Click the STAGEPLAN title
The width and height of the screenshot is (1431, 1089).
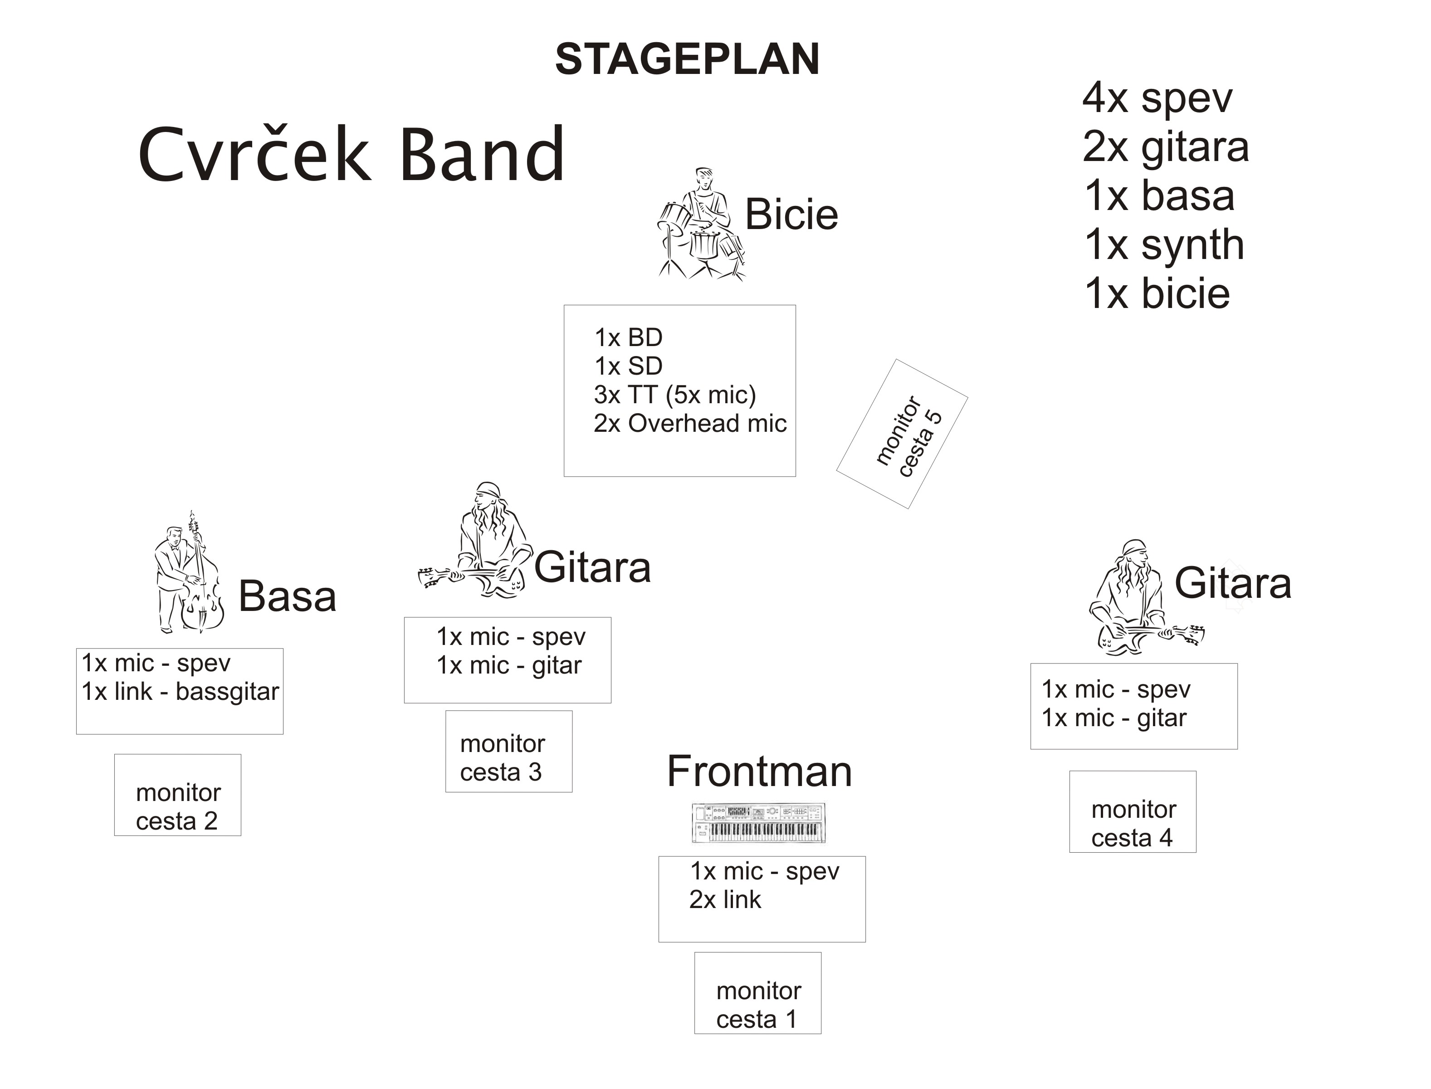pos(688,59)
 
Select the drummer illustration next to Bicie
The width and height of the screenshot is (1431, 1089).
pos(701,224)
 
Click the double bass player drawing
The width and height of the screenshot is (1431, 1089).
pos(189,572)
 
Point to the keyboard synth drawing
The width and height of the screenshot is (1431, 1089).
pos(759,823)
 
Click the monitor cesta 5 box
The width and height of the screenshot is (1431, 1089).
pos(902,434)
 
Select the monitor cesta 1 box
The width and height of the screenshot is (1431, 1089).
pos(757,992)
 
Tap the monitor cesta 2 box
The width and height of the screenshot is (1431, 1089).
pos(178,795)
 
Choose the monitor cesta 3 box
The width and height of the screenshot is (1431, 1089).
pos(509,751)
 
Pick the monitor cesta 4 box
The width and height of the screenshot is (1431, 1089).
pos(1133,811)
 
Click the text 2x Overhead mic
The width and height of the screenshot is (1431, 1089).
pos(690,423)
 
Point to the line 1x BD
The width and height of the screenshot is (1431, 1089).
pos(629,338)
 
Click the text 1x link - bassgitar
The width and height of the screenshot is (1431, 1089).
pos(180,692)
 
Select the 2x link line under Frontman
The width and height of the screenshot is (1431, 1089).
pos(725,900)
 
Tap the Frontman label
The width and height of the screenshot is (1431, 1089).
pos(760,772)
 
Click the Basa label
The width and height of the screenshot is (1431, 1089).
pos(288,596)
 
